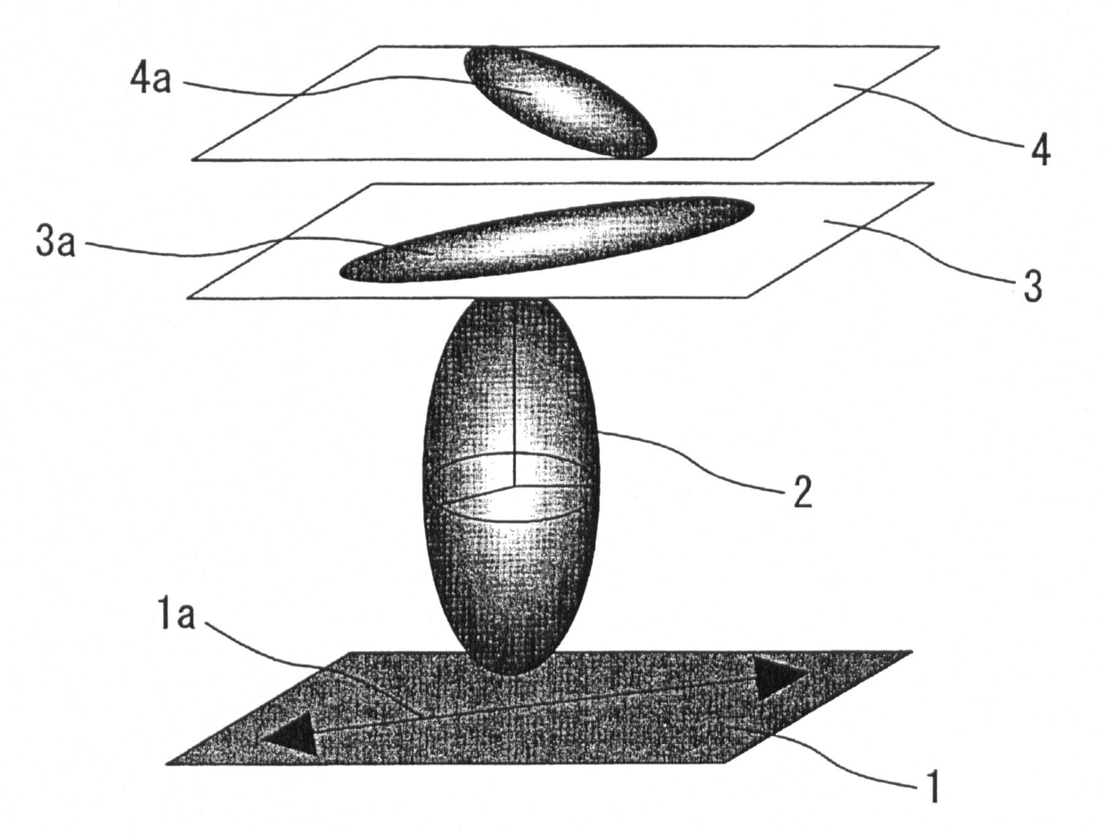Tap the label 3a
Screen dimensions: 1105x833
click(x=55, y=243)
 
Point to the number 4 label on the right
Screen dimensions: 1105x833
click(x=1040, y=152)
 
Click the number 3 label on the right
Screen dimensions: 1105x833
click(x=1030, y=288)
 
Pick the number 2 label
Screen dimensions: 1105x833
click(x=802, y=492)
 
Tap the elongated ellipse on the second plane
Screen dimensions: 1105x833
click(x=546, y=238)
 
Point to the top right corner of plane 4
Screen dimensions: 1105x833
click(x=938, y=46)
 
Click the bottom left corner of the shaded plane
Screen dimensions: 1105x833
click(x=168, y=764)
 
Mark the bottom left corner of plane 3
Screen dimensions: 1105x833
click(x=189, y=297)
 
